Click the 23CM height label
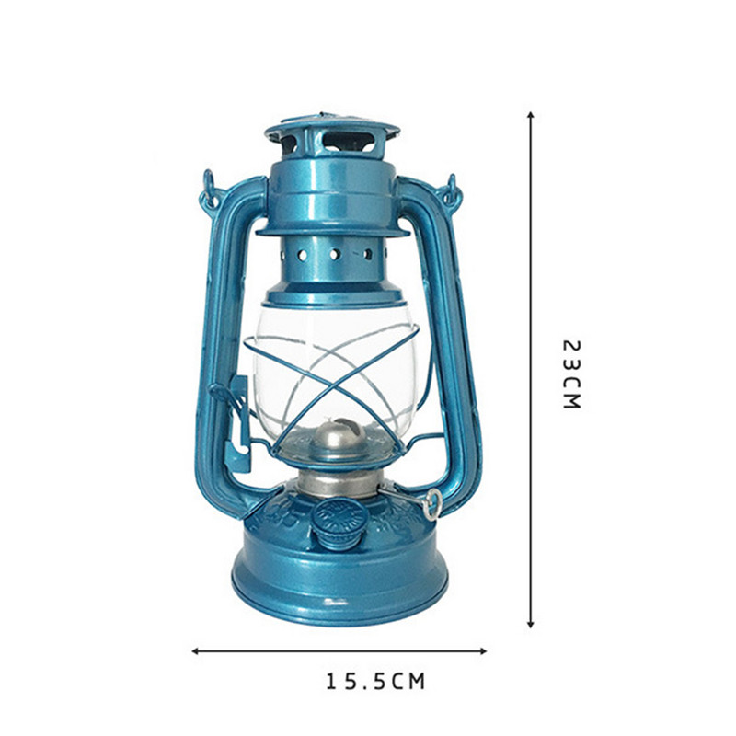pyautogui.click(x=571, y=374)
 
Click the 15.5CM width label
pyautogui.click(x=375, y=682)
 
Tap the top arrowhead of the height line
pyautogui.click(x=530, y=116)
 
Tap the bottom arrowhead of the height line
pyautogui.click(x=530, y=624)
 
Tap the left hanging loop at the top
pyautogui.click(x=210, y=189)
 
